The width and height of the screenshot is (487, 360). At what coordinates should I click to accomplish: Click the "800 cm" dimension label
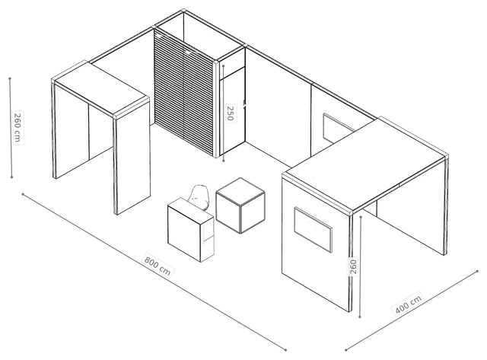[158, 266]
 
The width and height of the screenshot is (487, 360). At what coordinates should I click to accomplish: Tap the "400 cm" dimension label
[409, 304]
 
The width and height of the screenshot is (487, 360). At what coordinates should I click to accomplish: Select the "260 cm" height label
[18, 127]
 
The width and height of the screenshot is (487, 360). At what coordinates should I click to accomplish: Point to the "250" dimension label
[231, 113]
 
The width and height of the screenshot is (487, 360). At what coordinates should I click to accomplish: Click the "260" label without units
[353, 266]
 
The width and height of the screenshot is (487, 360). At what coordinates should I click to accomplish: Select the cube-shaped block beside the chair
[240, 205]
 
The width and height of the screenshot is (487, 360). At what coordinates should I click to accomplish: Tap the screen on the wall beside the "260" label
[313, 229]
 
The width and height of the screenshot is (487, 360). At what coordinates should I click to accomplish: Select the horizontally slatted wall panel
[184, 93]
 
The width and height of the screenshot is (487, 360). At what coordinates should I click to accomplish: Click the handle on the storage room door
[244, 104]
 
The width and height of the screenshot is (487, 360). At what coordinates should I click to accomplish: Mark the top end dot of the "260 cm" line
[10, 78]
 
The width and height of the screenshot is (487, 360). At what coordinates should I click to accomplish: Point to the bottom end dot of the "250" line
[224, 161]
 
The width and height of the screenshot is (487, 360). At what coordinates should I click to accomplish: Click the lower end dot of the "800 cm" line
[285, 350]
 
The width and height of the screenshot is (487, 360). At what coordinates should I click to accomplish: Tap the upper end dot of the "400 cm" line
[477, 271]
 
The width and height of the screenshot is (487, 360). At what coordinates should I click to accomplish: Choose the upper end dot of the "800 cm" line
[23, 194]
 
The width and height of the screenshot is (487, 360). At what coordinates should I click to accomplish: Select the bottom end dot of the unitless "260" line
[360, 317]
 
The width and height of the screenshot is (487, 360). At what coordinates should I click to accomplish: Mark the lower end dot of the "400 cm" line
[345, 350]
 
